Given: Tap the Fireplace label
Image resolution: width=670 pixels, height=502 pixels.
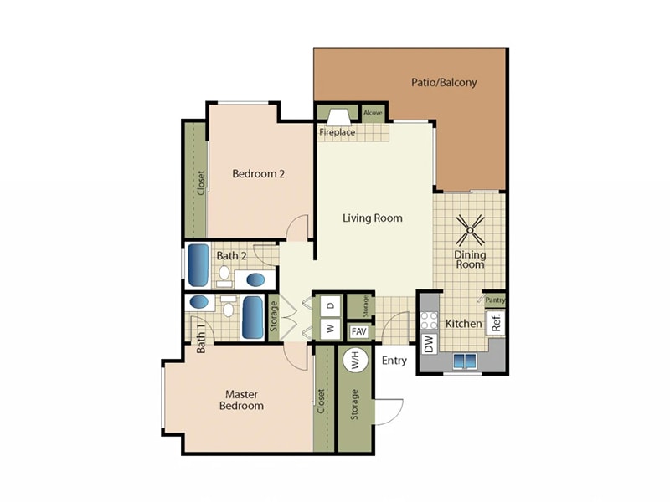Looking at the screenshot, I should (x=337, y=132).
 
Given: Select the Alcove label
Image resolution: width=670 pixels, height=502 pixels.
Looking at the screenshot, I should (x=373, y=112).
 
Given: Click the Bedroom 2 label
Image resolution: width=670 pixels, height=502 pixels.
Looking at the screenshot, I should (x=259, y=174).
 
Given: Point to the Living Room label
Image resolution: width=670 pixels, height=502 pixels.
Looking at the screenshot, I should (x=373, y=218).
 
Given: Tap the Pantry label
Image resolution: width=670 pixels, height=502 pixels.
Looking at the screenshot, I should (x=495, y=300).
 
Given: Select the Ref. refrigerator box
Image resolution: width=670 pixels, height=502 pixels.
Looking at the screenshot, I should (x=496, y=323).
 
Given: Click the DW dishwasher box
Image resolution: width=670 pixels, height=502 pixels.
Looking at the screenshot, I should (x=429, y=343).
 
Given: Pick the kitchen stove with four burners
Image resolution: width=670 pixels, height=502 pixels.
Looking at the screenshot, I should (x=429, y=319).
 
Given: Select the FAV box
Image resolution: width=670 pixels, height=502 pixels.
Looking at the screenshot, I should (x=359, y=331).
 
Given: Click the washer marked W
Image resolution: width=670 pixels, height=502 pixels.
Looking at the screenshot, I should (x=330, y=329).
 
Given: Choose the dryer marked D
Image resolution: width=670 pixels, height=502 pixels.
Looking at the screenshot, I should (x=330, y=305).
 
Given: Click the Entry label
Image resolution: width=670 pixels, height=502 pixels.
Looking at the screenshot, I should (x=394, y=361).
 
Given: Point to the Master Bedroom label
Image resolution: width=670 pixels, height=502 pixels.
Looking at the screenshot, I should (x=241, y=400).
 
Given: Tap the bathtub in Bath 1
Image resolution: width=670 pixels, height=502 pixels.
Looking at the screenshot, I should (x=253, y=318).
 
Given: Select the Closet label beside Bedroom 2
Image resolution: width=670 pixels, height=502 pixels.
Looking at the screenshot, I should (x=201, y=182).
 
